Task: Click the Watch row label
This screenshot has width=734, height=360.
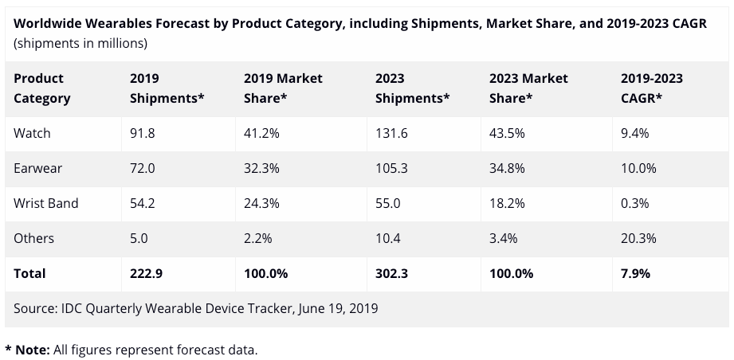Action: coord(32,133)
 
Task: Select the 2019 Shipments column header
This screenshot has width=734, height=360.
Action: coord(167,88)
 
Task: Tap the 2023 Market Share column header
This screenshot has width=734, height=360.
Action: coord(528,88)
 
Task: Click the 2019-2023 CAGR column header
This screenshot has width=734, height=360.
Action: coord(652,88)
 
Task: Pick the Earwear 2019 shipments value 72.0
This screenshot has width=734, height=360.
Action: coord(143,168)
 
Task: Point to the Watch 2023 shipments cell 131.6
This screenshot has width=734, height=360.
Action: coord(391,133)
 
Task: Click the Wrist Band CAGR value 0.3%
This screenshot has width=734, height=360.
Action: coord(634,203)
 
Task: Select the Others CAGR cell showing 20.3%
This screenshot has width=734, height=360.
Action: coord(638,238)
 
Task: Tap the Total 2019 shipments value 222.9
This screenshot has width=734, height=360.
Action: coord(146,273)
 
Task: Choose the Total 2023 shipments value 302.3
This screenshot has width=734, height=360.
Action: coord(391,273)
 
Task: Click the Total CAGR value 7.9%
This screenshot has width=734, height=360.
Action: coord(635,273)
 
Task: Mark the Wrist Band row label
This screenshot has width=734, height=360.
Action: coord(46,203)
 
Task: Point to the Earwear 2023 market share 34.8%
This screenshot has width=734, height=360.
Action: coord(507,168)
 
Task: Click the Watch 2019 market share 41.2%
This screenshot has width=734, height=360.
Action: coord(261,133)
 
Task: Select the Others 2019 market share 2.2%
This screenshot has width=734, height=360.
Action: coord(257,238)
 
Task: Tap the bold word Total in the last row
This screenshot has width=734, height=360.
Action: coord(29,273)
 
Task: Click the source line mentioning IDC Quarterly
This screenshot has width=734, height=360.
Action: coord(196,308)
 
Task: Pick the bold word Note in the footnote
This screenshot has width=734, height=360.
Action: coord(33,350)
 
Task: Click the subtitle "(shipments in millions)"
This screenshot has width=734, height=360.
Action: coord(80,44)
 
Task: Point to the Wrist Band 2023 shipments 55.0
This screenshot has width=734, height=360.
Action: coord(387,203)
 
